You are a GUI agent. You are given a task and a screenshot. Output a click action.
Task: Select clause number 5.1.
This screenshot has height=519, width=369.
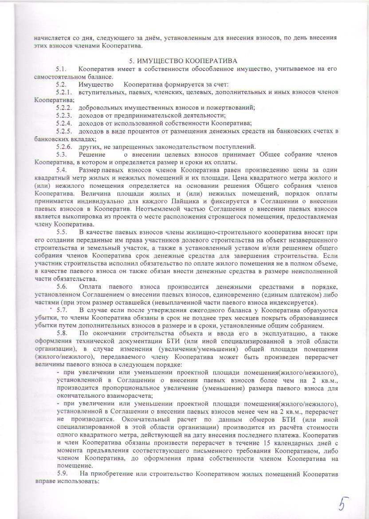pyautogui.click(x=61, y=69)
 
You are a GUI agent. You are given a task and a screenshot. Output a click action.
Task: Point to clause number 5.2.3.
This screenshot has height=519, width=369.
pyautogui.click(x=64, y=115)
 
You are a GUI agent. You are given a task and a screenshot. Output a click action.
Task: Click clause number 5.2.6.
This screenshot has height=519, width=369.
pyautogui.click(x=64, y=147)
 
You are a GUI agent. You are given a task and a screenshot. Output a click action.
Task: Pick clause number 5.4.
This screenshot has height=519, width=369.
pyautogui.click(x=61, y=170)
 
